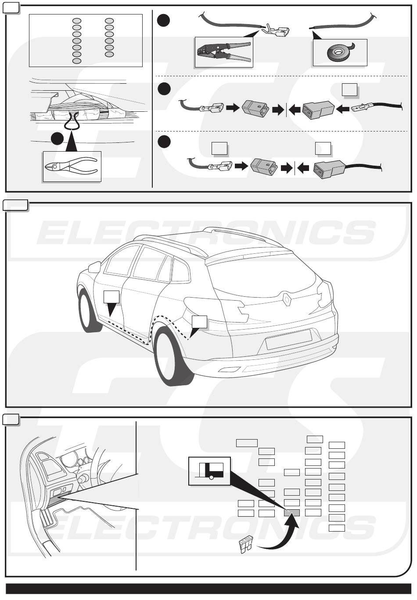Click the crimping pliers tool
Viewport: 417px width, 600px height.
(x=223, y=53)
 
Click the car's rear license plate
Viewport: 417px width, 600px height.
(x=288, y=339)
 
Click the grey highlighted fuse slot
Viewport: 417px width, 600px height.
(x=292, y=512)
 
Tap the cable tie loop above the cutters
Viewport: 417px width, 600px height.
(x=72, y=121)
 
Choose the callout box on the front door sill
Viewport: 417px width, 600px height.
(x=111, y=297)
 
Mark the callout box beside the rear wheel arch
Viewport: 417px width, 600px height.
(x=199, y=322)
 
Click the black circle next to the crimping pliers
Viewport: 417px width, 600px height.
(x=163, y=21)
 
